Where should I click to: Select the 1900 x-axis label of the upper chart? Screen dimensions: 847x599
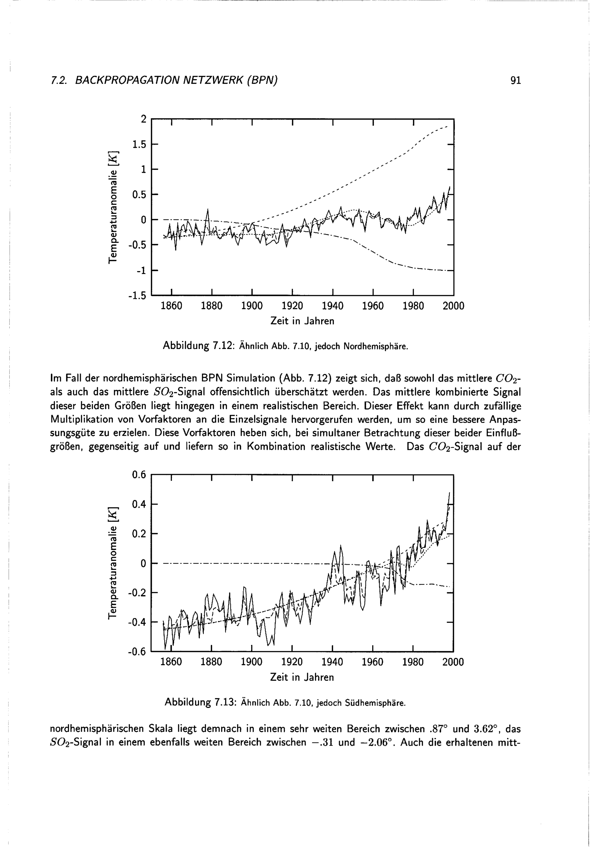pyautogui.click(x=252, y=306)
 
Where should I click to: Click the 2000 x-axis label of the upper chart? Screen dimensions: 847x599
pyautogui.click(x=453, y=306)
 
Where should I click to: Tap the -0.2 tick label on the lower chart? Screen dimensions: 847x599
pyautogui.click(x=137, y=593)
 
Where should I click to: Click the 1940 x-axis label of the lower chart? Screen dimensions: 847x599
pyautogui.click(x=332, y=662)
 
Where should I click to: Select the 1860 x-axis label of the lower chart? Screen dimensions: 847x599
pyautogui.click(x=172, y=662)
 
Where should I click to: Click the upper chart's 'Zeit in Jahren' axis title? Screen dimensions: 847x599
pyautogui.click(x=302, y=321)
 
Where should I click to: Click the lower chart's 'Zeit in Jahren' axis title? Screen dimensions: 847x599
pyautogui.click(x=302, y=677)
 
